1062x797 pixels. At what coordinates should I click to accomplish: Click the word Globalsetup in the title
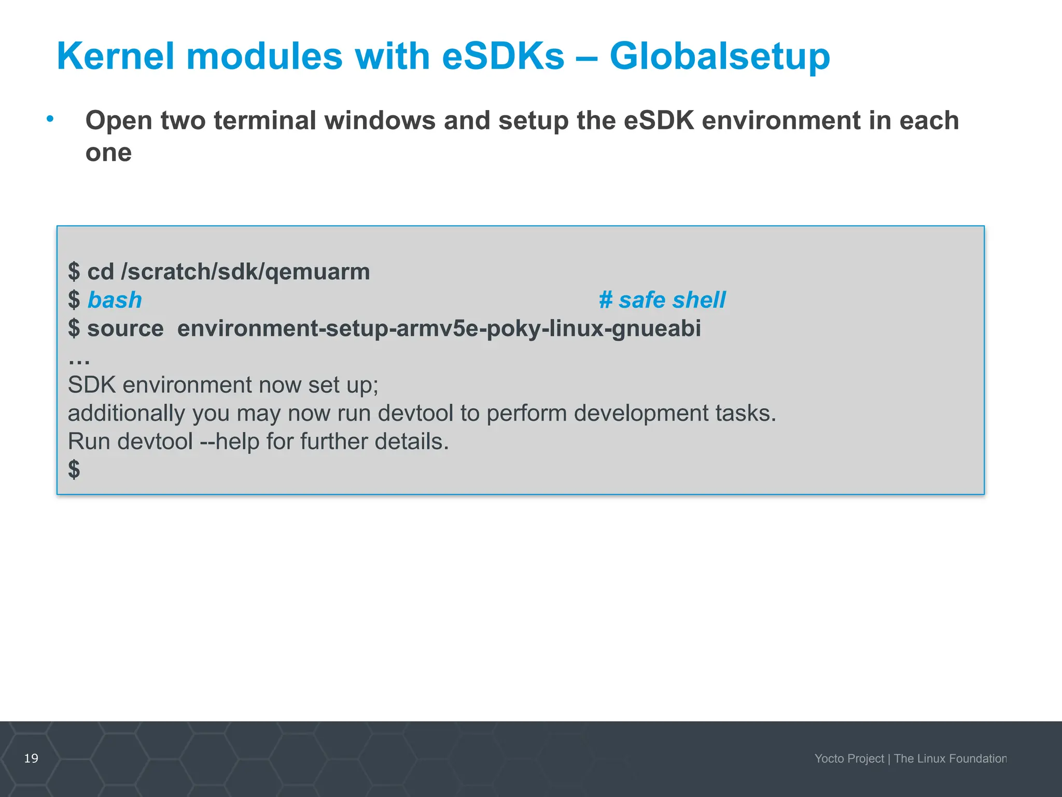pyautogui.click(x=719, y=56)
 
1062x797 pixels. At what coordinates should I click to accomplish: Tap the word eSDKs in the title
pyautogui.click(x=502, y=56)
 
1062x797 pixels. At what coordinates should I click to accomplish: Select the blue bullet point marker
pyautogui.click(x=50, y=119)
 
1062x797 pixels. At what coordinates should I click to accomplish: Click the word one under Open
pyautogui.click(x=108, y=153)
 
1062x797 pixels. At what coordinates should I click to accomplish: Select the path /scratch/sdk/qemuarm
pyautogui.click(x=245, y=272)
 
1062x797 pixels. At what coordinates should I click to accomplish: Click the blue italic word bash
pyautogui.click(x=115, y=300)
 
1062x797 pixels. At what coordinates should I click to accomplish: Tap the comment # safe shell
pyautogui.click(x=662, y=300)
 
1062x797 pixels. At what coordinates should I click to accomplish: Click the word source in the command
pyautogui.click(x=125, y=328)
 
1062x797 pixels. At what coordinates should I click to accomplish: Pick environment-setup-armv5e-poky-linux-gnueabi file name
pyautogui.click(x=439, y=328)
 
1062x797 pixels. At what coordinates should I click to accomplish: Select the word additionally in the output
pyautogui.click(x=126, y=414)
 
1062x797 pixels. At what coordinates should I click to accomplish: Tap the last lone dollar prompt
pyautogui.click(x=74, y=469)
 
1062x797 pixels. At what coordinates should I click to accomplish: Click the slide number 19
pyautogui.click(x=31, y=759)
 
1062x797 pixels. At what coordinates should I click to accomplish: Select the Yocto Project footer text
pyautogui.click(x=849, y=759)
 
